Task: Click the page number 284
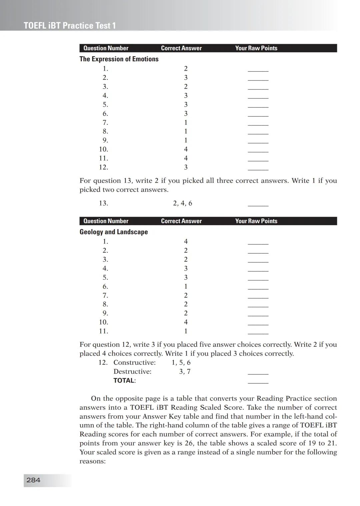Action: click(33, 480)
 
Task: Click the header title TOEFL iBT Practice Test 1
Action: click(70, 26)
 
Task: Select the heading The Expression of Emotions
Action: click(119, 59)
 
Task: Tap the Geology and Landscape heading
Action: click(113, 232)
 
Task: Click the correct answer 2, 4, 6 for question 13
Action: click(183, 203)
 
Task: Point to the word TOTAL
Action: click(124, 380)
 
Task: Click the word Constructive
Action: click(134, 362)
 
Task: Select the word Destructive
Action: click(132, 371)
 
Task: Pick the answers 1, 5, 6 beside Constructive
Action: click(181, 362)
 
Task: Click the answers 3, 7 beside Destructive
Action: click(185, 371)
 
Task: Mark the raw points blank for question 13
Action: click(258, 205)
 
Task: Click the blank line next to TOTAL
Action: click(258, 382)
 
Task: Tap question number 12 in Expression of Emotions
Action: click(103, 167)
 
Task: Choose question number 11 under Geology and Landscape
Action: click(103, 331)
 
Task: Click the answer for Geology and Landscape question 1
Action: click(186, 242)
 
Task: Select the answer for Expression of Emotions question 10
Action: click(186, 149)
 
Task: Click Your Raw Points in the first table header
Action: click(256, 48)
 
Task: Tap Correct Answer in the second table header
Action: click(181, 221)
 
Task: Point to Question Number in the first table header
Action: click(106, 48)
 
